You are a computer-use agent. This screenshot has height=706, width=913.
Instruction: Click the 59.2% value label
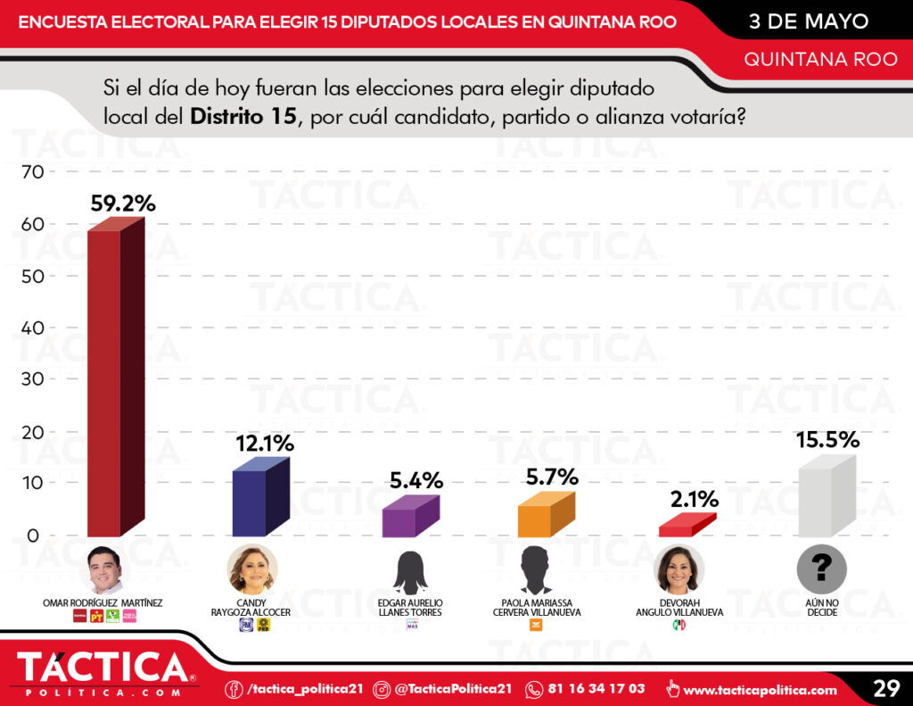click(123, 203)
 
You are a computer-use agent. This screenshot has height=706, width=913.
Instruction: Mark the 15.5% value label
click(827, 439)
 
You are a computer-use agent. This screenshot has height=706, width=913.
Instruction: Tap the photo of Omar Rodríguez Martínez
click(103, 569)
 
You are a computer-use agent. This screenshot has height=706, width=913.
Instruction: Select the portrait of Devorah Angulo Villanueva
click(679, 569)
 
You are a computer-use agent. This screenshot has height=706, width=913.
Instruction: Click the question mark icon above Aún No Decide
click(821, 569)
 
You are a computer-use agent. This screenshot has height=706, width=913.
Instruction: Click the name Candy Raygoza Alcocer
click(259, 608)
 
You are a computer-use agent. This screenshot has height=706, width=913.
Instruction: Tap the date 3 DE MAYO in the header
click(808, 21)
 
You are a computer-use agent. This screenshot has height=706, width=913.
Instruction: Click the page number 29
click(885, 688)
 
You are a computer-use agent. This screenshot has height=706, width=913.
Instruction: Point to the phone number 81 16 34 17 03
click(597, 689)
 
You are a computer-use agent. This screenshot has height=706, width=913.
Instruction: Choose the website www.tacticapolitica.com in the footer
click(760, 689)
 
